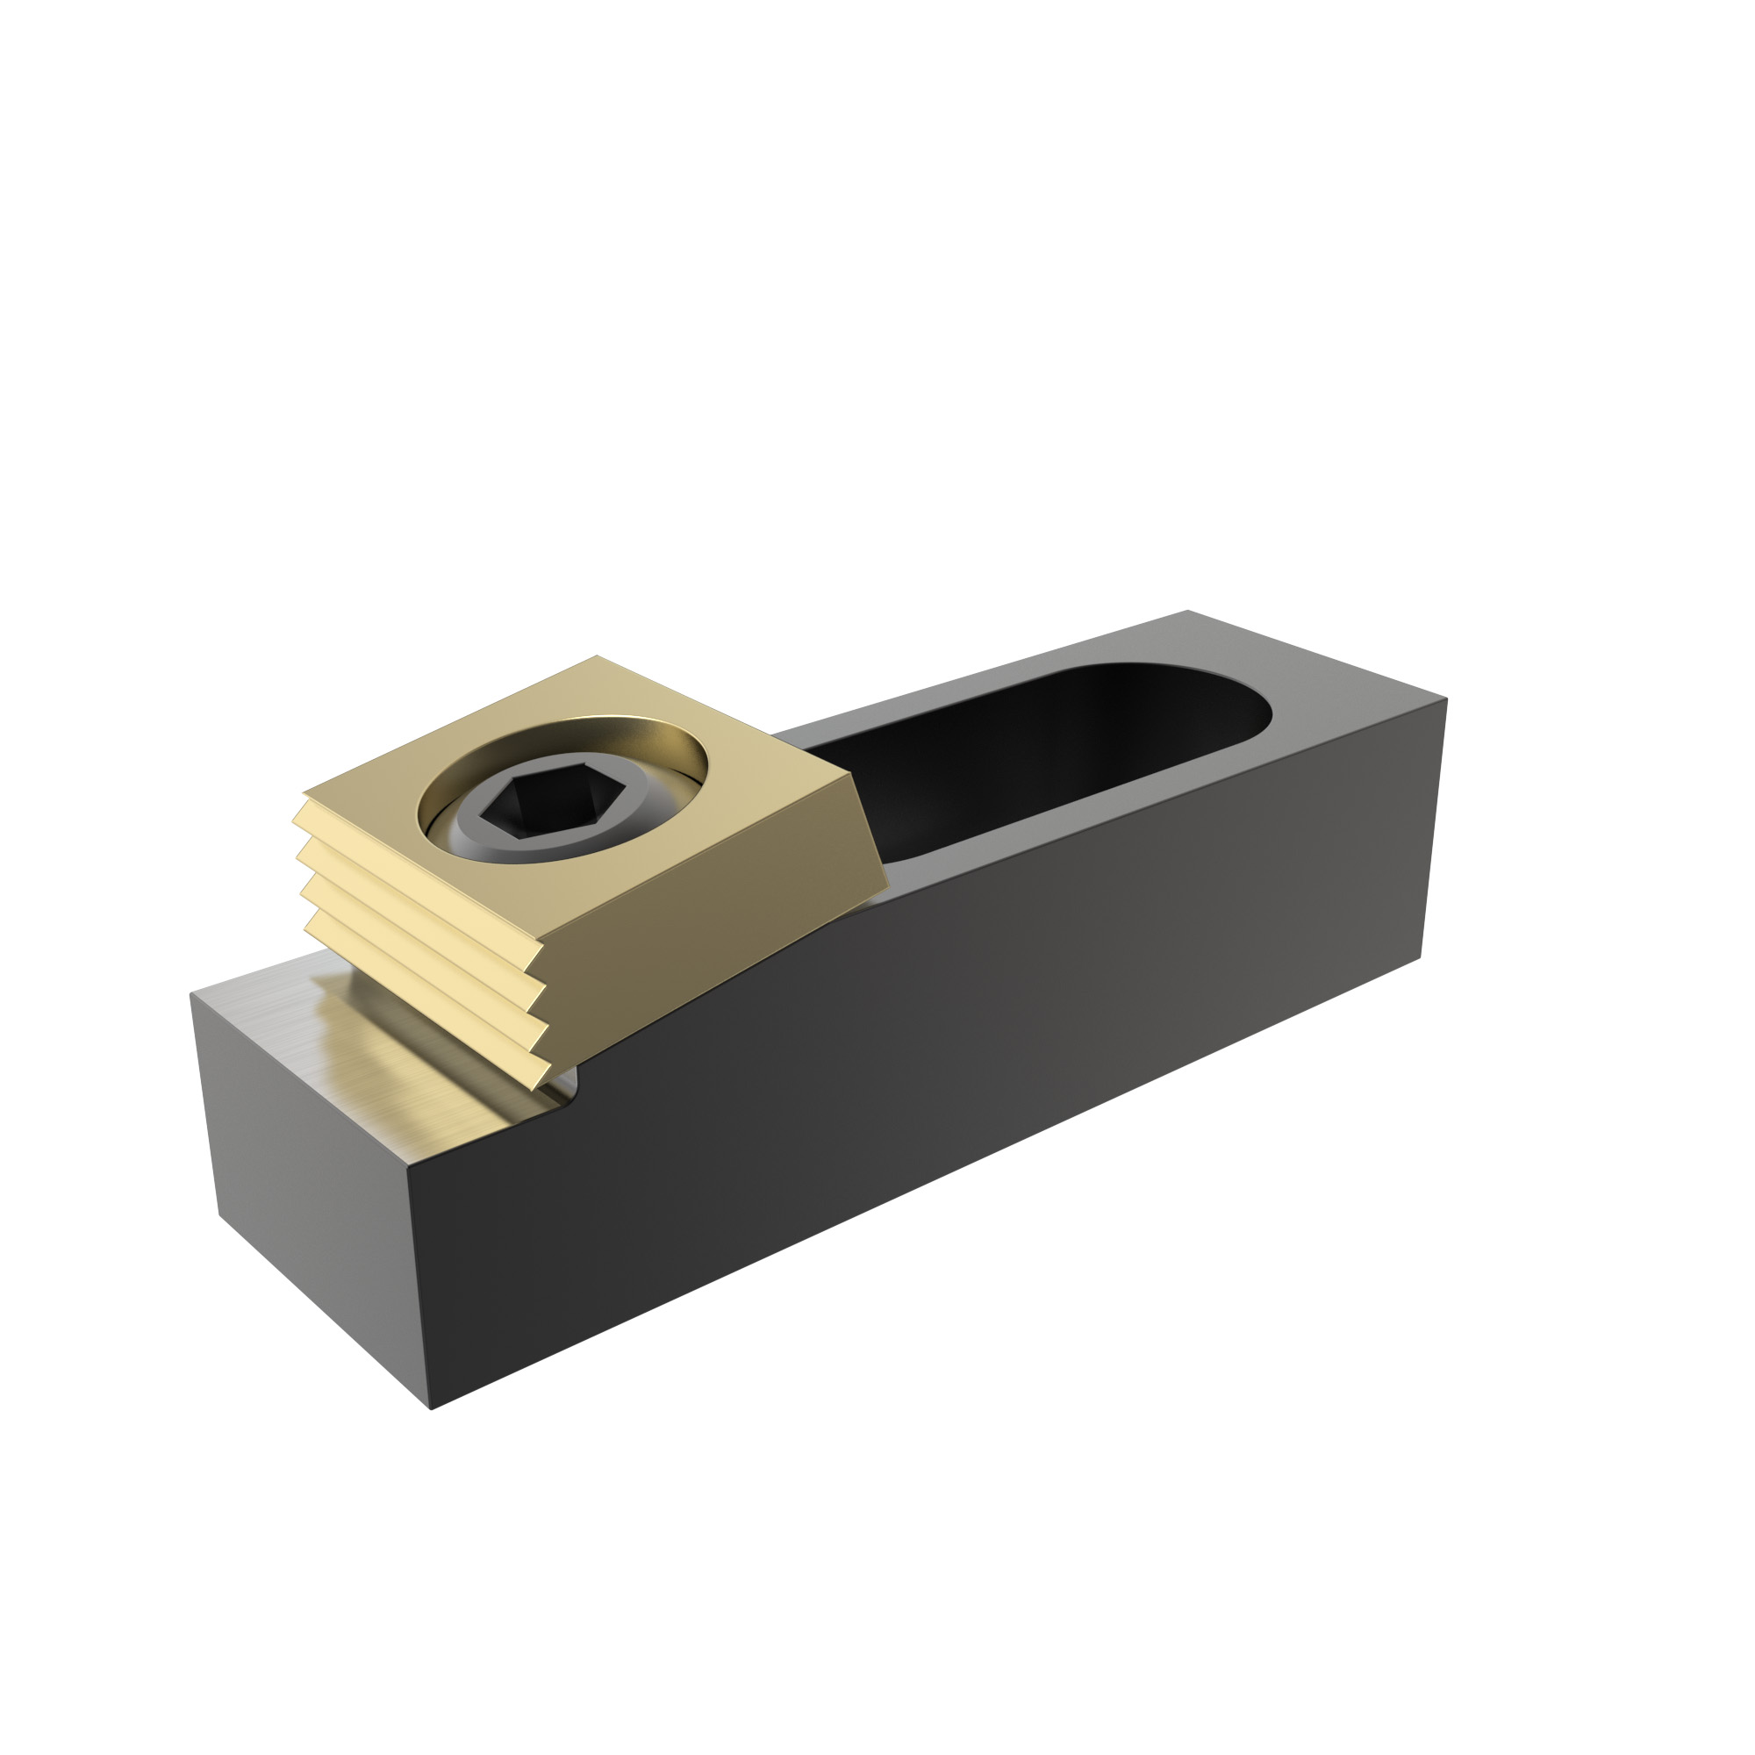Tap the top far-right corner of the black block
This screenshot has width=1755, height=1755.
(x=1445, y=699)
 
